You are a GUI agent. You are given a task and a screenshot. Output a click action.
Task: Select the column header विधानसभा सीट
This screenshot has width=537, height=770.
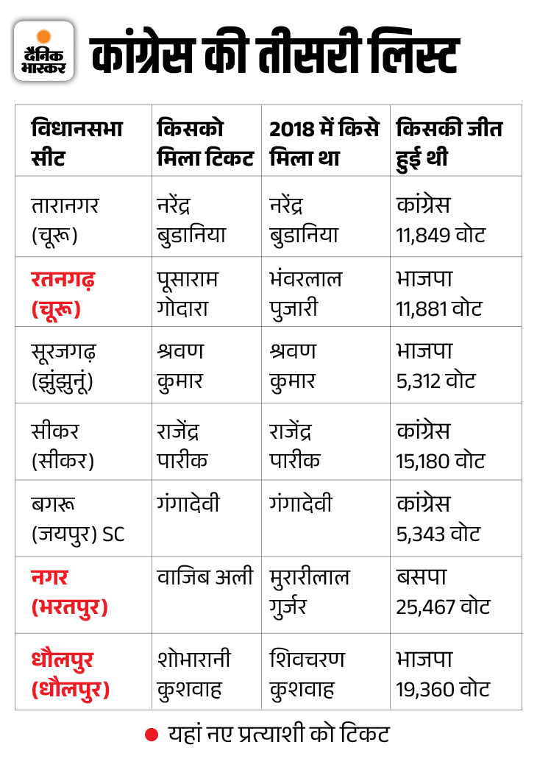[x=77, y=143]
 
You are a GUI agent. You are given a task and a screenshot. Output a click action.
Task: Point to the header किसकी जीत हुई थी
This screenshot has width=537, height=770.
[x=449, y=143]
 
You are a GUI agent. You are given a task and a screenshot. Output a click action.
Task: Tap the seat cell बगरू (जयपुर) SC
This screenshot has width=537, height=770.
[x=78, y=519]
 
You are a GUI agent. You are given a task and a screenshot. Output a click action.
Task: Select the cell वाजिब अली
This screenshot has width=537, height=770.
[x=205, y=577]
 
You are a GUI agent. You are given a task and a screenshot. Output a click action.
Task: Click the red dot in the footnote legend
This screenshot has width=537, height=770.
[x=152, y=734]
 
